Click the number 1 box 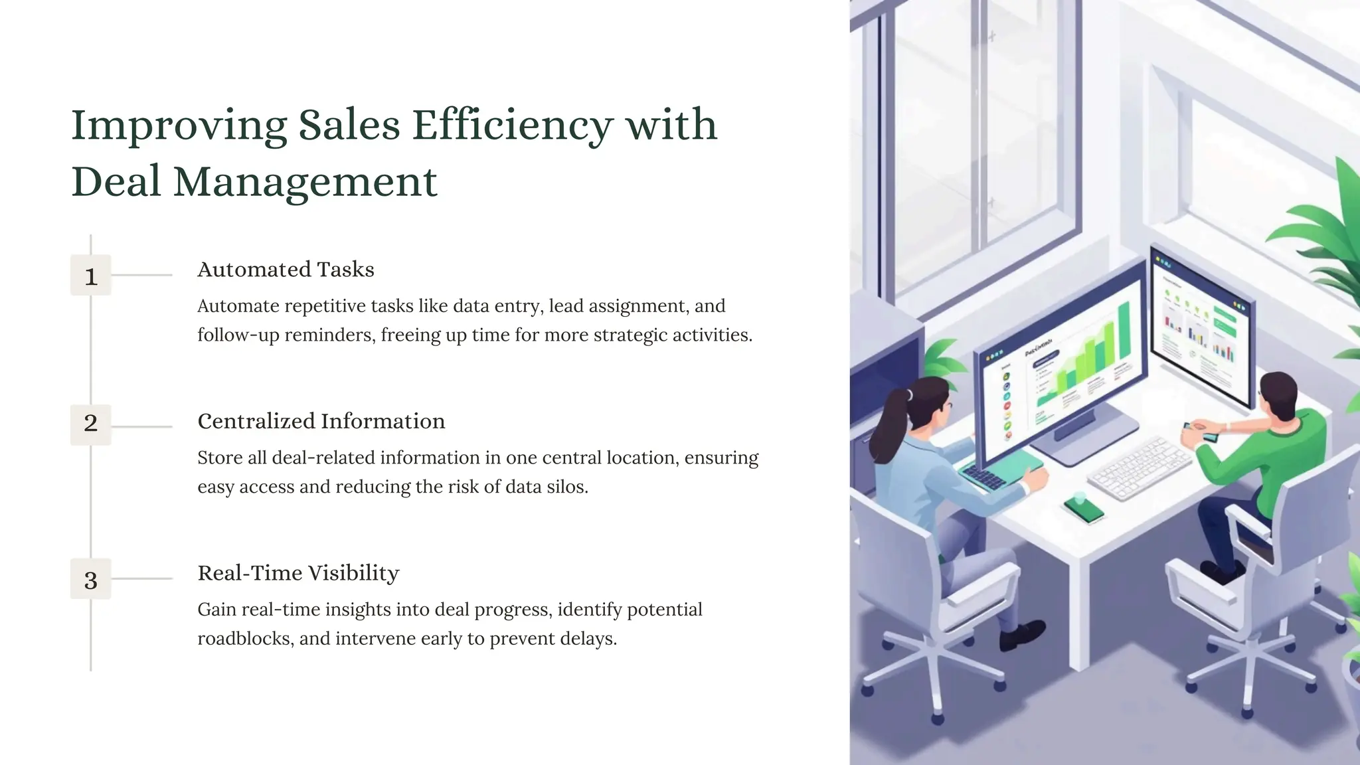click(91, 276)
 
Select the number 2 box click(91, 424)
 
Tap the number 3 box click(91, 580)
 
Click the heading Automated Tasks click(286, 270)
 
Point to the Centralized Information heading click(321, 421)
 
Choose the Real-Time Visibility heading click(298, 573)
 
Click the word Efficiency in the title click(512, 125)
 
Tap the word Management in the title click(305, 182)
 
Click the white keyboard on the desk click(1138, 467)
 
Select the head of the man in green click(1278, 397)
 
